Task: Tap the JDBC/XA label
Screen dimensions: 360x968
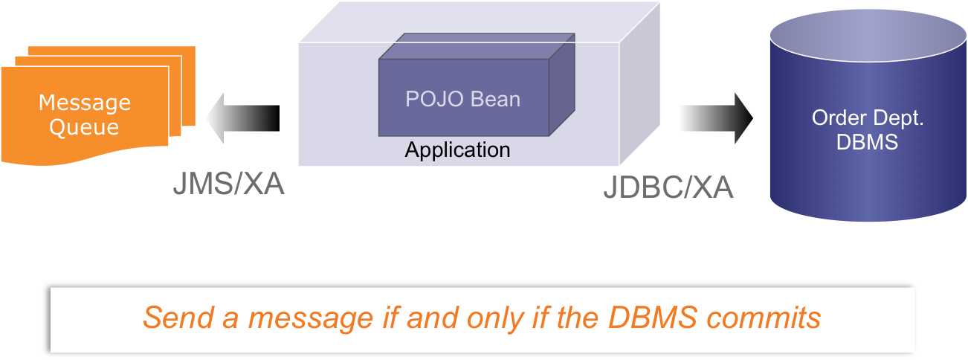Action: click(x=668, y=188)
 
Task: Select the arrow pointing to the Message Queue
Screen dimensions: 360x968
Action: click(x=241, y=118)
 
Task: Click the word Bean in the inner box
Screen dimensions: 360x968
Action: click(x=496, y=99)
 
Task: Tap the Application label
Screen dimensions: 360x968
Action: click(x=457, y=150)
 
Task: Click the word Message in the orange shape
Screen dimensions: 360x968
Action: click(x=84, y=103)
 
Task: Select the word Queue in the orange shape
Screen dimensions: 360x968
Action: click(x=84, y=126)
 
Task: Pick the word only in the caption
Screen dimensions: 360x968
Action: click(x=497, y=318)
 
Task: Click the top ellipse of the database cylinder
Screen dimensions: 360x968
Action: click(x=867, y=33)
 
